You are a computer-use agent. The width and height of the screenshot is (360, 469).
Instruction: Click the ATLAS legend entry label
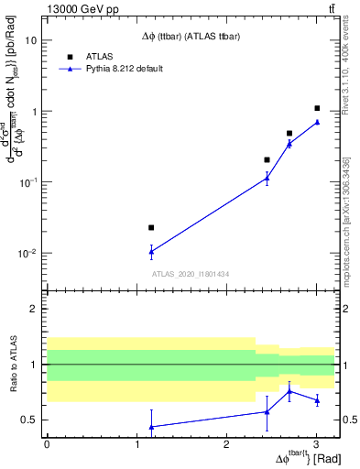[98, 55]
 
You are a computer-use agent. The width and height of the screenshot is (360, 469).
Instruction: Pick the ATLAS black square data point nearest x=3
[317, 108]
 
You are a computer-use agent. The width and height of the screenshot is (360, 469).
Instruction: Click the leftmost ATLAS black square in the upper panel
[151, 227]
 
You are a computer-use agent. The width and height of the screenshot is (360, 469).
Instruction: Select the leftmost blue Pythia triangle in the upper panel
[151, 251]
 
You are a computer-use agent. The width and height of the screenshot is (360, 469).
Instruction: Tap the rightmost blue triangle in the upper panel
[317, 122]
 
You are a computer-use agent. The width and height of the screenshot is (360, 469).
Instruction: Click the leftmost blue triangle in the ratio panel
[151, 427]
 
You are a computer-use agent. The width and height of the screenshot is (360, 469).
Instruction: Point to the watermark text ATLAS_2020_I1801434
[189, 275]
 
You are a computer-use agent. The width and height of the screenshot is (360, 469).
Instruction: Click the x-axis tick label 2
[226, 444]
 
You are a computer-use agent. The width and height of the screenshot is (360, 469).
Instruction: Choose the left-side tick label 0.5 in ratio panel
[30, 420]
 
